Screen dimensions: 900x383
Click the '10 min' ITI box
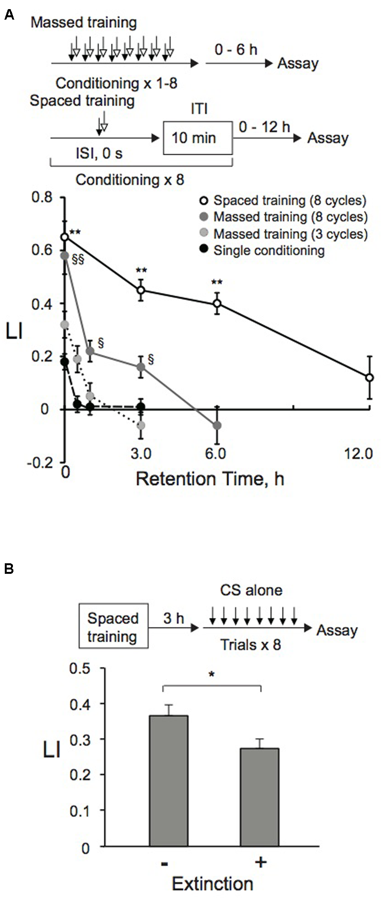point(198,138)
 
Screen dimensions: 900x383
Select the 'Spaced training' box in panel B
point(113,627)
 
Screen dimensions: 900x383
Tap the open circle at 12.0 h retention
point(369,377)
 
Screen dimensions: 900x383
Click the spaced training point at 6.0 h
point(217,303)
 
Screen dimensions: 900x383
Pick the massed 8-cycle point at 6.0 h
point(217,425)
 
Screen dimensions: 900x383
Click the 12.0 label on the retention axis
point(359,453)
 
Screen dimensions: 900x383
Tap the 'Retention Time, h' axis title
point(210,478)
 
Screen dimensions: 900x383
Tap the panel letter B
point(9,569)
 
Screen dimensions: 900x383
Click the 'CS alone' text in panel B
point(251,590)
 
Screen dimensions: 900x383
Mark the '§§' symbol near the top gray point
point(78,261)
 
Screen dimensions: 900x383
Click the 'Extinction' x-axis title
point(212,884)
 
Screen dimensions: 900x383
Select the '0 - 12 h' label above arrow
point(264,126)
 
